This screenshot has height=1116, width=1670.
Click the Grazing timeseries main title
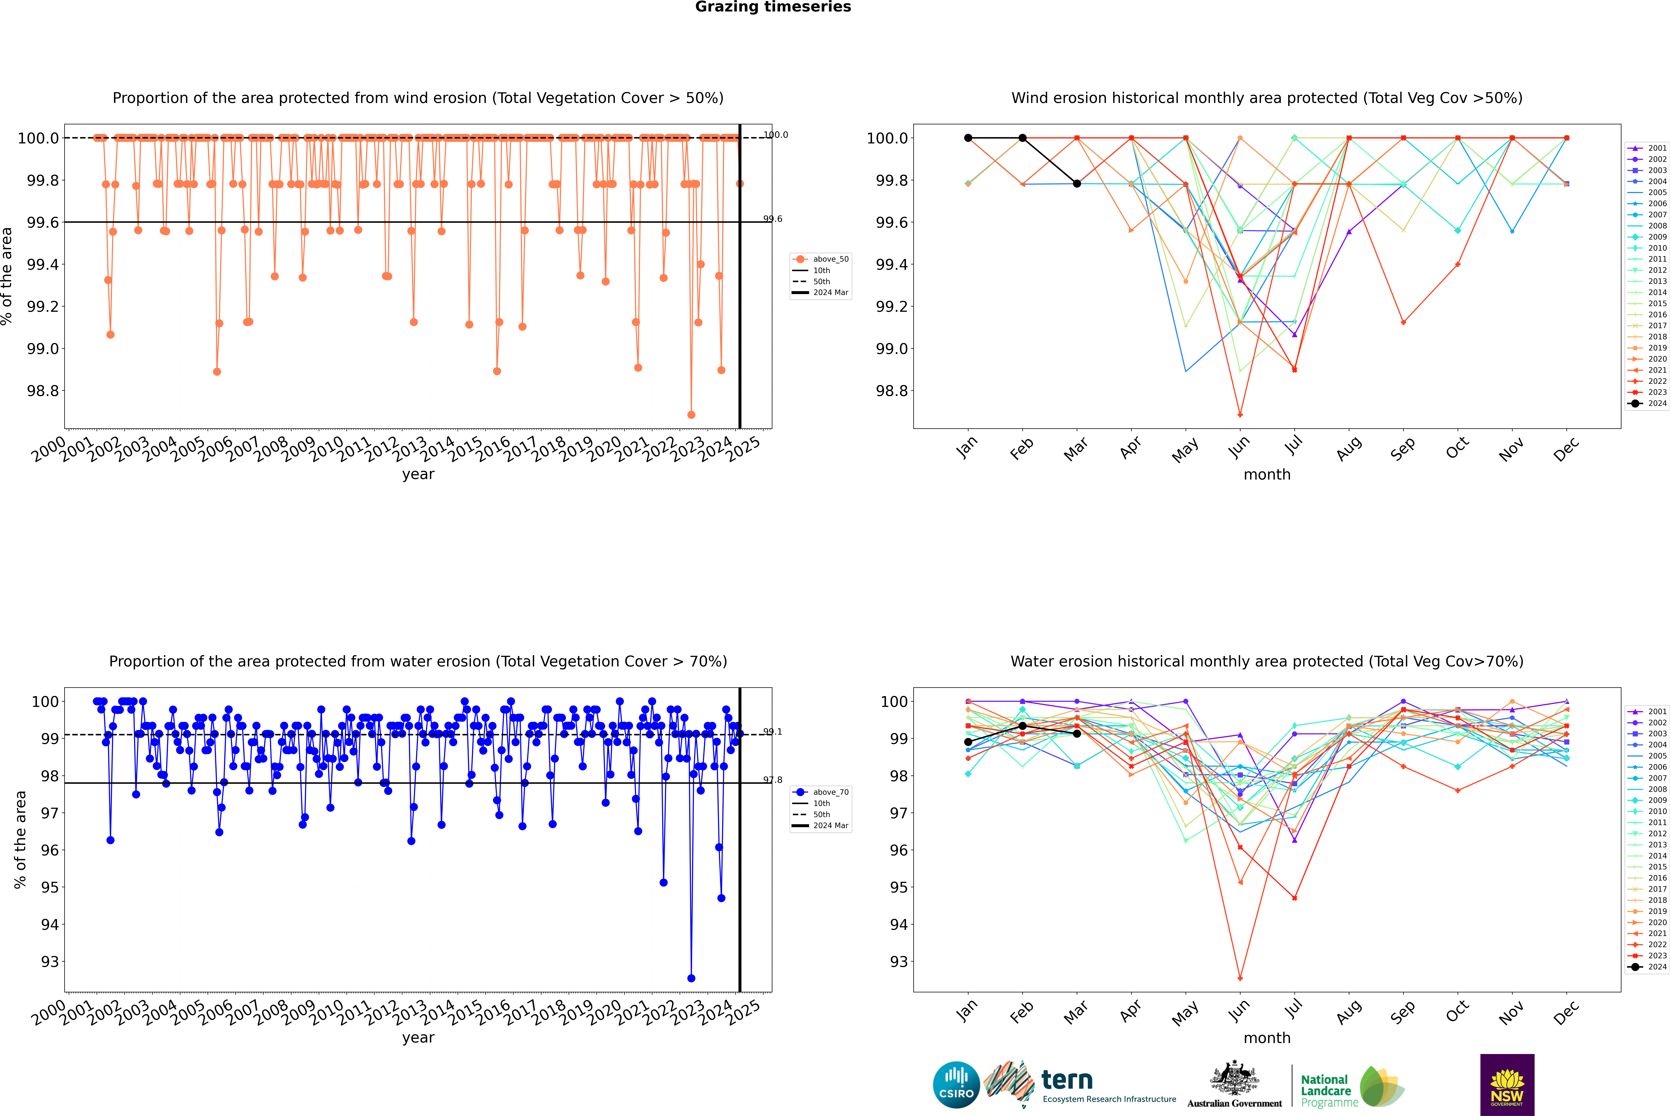[x=773, y=7]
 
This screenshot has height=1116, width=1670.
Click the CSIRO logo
[x=956, y=1085]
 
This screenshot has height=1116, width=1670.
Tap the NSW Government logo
[x=1507, y=1085]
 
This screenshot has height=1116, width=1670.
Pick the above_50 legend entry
[x=821, y=259]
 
